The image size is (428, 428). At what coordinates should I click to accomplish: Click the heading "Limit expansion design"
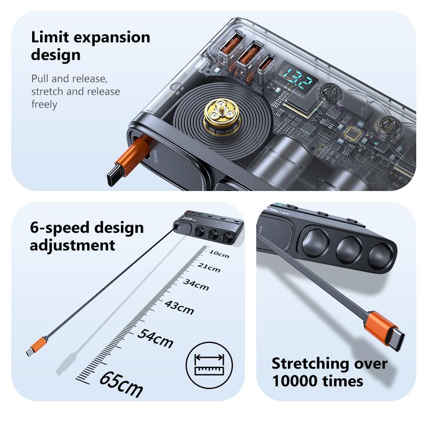(90, 46)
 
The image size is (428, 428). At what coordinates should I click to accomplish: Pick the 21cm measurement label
(208, 267)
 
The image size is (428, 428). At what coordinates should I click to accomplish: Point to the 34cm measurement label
(196, 284)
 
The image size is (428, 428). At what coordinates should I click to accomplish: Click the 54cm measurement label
(155, 338)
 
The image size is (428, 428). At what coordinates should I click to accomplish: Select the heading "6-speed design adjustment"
(87, 236)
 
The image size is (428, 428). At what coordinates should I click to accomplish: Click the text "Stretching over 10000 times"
(329, 372)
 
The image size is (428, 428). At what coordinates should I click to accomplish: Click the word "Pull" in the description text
(40, 79)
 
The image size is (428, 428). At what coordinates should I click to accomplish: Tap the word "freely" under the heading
(44, 104)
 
